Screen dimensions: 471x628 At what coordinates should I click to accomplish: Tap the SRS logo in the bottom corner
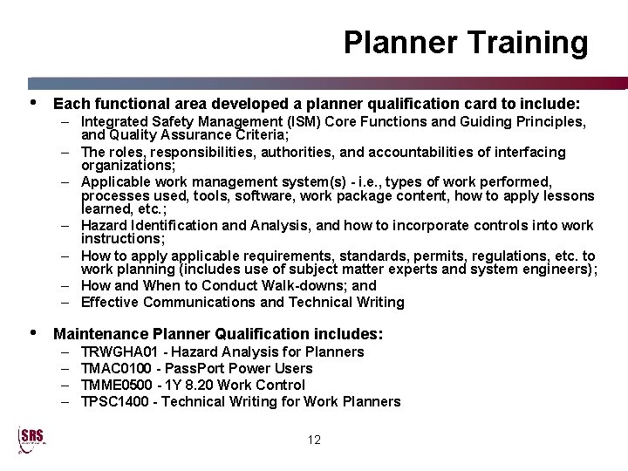tap(31, 440)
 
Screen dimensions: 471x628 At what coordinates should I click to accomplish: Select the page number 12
tap(314, 440)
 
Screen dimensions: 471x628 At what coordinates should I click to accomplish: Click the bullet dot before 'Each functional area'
tap(34, 100)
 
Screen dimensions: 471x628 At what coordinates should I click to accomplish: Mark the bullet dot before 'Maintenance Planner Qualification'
tap(34, 332)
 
